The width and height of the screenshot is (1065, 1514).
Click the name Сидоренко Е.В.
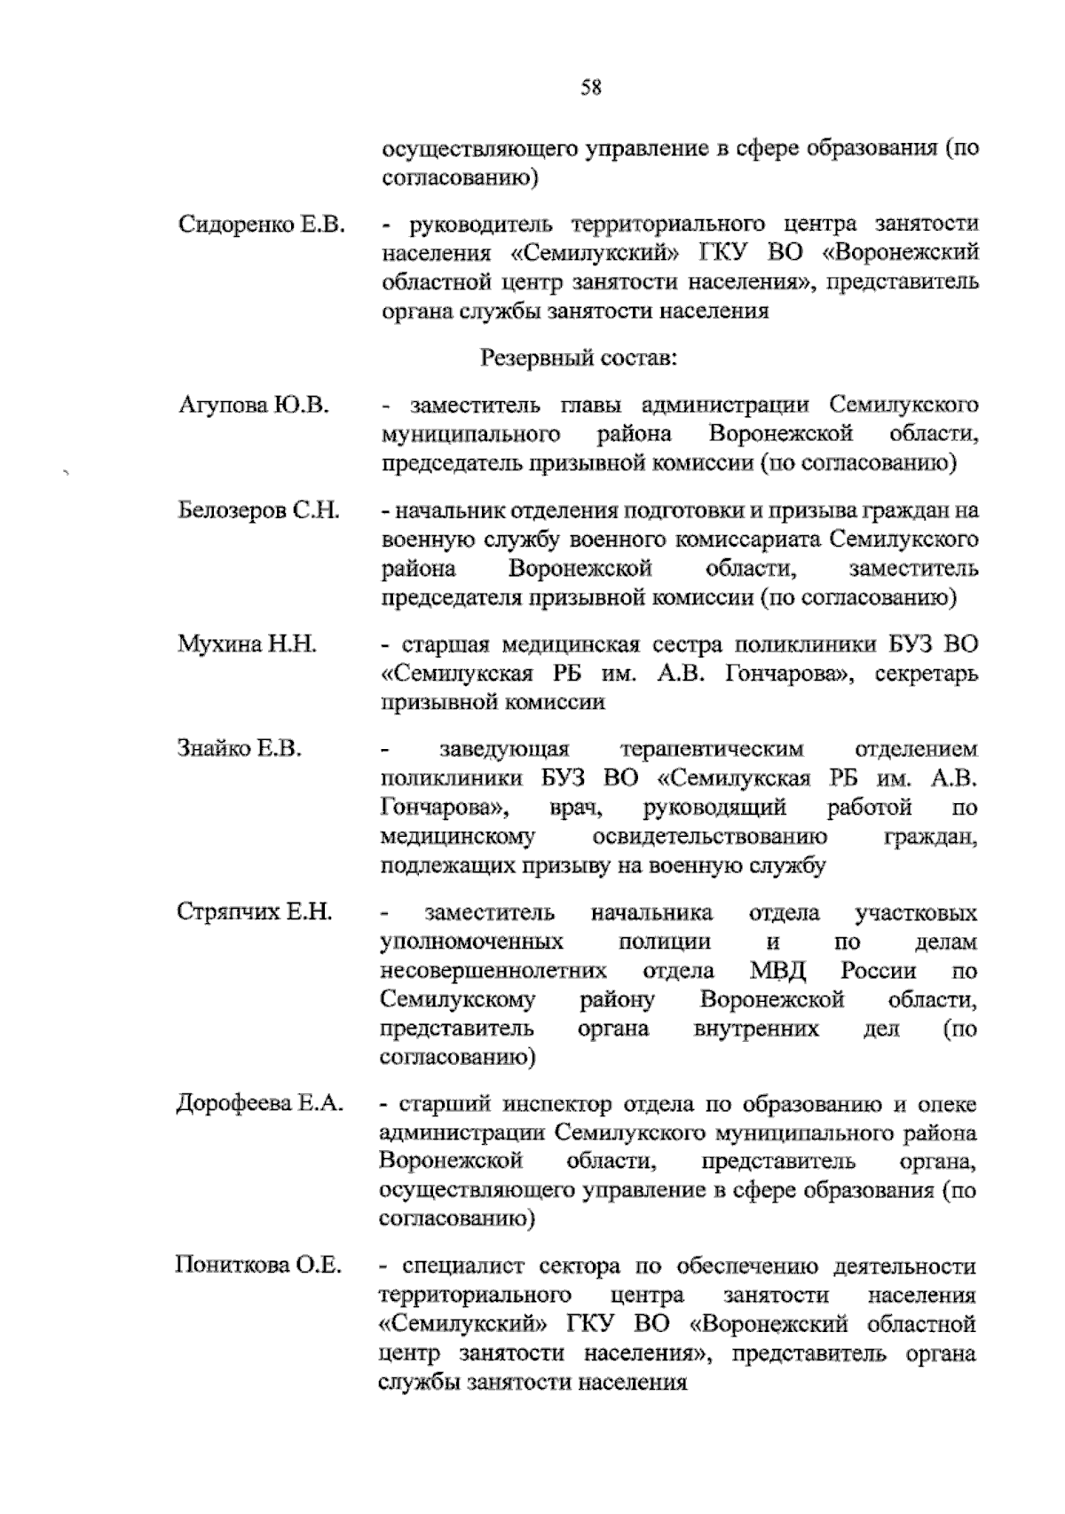pyautogui.click(x=261, y=224)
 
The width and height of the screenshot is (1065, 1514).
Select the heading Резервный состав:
pyautogui.click(x=580, y=359)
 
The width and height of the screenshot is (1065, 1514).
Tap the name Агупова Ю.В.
pyautogui.click(x=254, y=406)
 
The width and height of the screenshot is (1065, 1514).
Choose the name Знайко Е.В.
pyautogui.click(x=241, y=748)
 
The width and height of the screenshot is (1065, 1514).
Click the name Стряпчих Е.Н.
pyautogui.click(x=255, y=911)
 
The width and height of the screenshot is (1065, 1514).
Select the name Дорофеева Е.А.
pyautogui.click(x=260, y=1104)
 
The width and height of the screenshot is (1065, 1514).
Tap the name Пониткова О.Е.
pyautogui.click(x=258, y=1265)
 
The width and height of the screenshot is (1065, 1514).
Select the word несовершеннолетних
pyautogui.click(x=493, y=971)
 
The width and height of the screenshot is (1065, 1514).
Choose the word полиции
pyautogui.click(x=665, y=942)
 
